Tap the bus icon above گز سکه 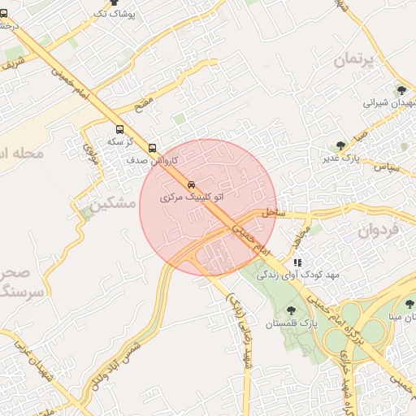[x=120, y=129]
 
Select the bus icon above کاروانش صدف [x=153, y=148]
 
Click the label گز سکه [x=122, y=141]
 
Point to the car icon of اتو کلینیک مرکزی [x=191, y=184]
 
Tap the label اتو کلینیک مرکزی [x=191, y=197]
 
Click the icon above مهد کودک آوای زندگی [x=297, y=262]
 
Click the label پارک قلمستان [x=290, y=324]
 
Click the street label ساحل [x=274, y=213]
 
